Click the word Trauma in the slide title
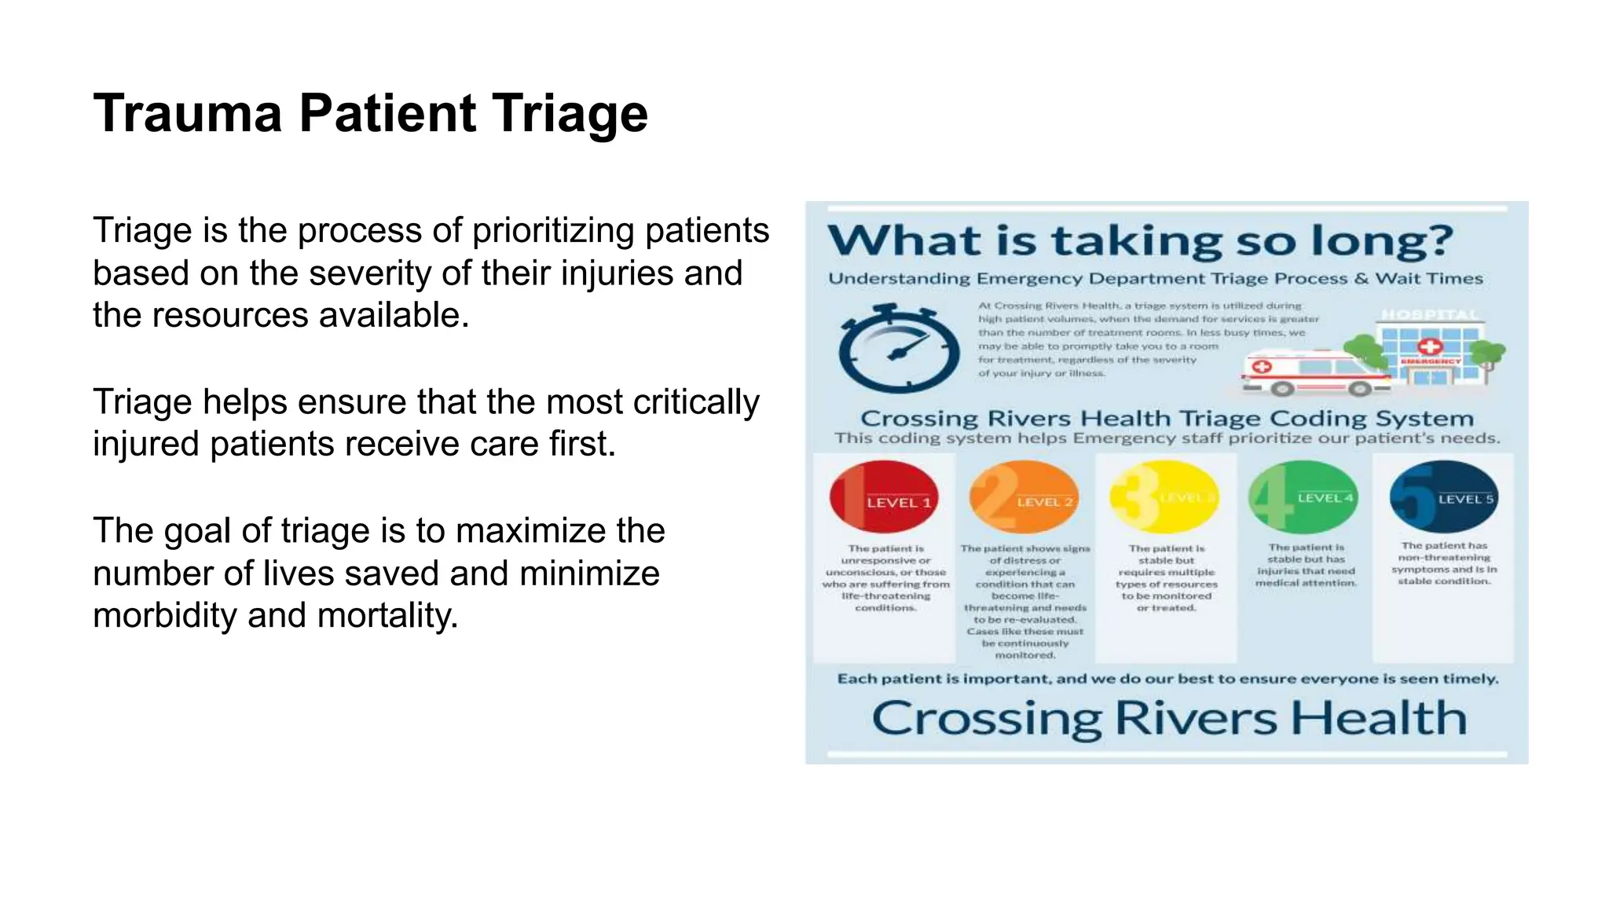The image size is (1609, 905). click(187, 114)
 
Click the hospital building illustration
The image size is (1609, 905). click(1430, 346)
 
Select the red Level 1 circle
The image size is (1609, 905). click(884, 497)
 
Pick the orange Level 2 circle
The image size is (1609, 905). click(1024, 497)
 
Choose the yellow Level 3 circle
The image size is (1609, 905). click(1164, 497)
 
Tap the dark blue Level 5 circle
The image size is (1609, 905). click(1443, 496)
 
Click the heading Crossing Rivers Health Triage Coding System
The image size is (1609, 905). click(1167, 418)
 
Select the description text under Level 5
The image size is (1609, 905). click(1444, 563)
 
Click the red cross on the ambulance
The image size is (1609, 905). click(1262, 367)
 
